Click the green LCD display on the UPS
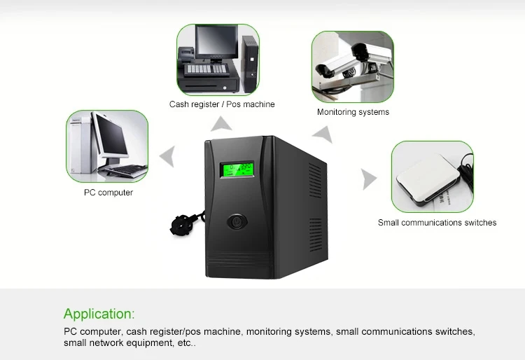[x=237, y=169]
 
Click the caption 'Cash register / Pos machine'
[x=222, y=104]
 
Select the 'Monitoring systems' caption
[x=353, y=112]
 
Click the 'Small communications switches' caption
[x=437, y=223]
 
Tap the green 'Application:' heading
[x=99, y=314]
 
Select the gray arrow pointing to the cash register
[x=222, y=125]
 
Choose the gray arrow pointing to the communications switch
[x=368, y=179]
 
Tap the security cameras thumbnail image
[x=353, y=67]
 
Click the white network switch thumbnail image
[x=432, y=176]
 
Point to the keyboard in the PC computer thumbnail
[x=124, y=170]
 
